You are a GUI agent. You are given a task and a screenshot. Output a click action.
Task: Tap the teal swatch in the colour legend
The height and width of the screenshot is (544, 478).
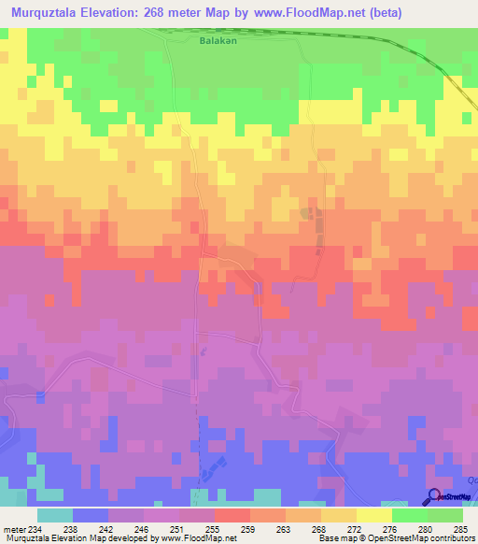tap(55, 515)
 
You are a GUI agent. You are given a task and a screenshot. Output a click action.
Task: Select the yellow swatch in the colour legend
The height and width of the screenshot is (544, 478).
tap(374, 515)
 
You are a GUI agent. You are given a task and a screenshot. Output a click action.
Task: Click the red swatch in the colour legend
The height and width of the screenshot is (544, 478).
tap(232, 515)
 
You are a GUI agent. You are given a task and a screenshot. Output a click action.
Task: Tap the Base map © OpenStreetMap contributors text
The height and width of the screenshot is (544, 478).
tap(396, 538)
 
